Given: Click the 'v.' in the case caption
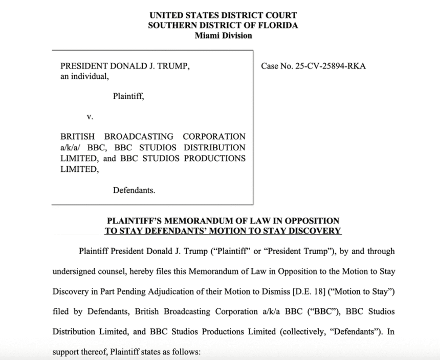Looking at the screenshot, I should [x=90, y=117].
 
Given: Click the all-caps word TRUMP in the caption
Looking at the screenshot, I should [x=171, y=66].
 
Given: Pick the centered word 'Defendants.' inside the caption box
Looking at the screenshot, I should [x=134, y=190].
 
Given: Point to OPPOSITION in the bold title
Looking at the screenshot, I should [x=316, y=221].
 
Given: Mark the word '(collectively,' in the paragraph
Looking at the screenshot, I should [x=303, y=331].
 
